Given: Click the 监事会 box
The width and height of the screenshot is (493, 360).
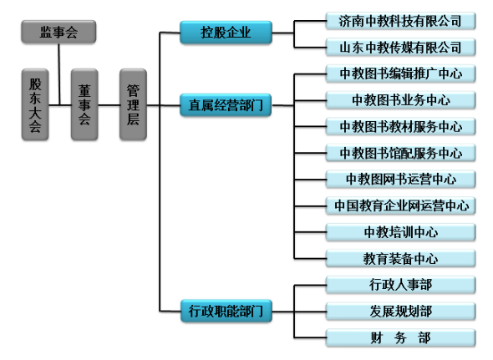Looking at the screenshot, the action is pyautogui.click(x=58, y=32).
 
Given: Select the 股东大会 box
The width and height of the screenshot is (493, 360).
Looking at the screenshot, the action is pyautogui.click(x=35, y=104).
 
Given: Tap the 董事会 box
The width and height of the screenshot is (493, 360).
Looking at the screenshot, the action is pyautogui.click(x=84, y=104).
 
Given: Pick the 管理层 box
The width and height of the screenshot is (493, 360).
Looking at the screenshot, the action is pyautogui.click(x=133, y=104).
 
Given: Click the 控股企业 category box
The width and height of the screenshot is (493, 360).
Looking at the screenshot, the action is pyautogui.click(x=226, y=33).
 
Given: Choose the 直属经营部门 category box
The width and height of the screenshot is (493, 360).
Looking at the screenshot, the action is pyautogui.click(x=226, y=105).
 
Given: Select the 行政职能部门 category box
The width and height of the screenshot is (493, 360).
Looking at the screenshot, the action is pyautogui.click(x=226, y=311).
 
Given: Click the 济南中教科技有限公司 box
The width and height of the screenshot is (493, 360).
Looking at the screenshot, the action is pyautogui.click(x=400, y=21).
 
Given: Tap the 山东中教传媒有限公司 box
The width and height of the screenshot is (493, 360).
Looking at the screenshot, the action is pyautogui.click(x=400, y=48).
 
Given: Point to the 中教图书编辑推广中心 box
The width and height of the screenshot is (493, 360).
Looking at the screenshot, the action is pyautogui.click(x=400, y=74).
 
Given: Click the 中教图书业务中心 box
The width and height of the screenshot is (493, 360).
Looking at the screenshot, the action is pyautogui.click(x=400, y=100).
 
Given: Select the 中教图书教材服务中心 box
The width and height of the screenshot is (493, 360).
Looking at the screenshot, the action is pyautogui.click(x=400, y=127).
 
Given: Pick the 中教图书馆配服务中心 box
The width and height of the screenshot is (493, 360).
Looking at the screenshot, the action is pyautogui.click(x=400, y=153).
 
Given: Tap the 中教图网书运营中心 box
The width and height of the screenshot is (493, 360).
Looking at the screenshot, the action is pyautogui.click(x=400, y=180).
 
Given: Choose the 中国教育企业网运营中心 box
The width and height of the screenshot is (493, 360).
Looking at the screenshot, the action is pyautogui.click(x=400, y=206).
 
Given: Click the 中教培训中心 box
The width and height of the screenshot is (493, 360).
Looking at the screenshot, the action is pyautogui.click(x=400, y=232).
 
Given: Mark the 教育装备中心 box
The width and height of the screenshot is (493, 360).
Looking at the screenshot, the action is pyautogui.click(x=400, y=259).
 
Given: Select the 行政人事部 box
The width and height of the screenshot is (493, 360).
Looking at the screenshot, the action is pyautogui.click(x=400, y=285).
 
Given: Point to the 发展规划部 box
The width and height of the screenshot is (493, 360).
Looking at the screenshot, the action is pyautogui.click(x=400, y=312).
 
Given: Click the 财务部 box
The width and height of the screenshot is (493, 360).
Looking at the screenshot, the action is pyautogui.click(x=400, y=338).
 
